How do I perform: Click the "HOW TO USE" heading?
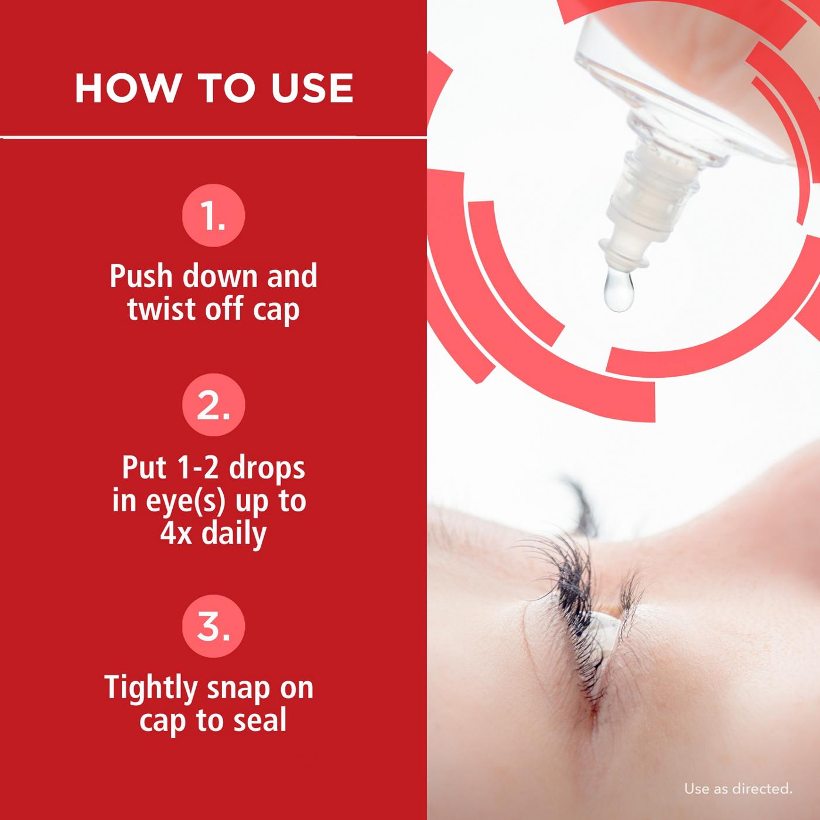(214, 88)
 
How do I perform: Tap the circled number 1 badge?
(213, 217)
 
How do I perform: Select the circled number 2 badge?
(213, 405)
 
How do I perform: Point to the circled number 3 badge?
(213, 626)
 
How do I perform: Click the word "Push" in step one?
(142, 276)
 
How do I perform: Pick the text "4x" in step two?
(176, 533)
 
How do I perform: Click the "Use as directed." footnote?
(738, 789)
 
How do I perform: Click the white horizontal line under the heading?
(214, 138)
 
